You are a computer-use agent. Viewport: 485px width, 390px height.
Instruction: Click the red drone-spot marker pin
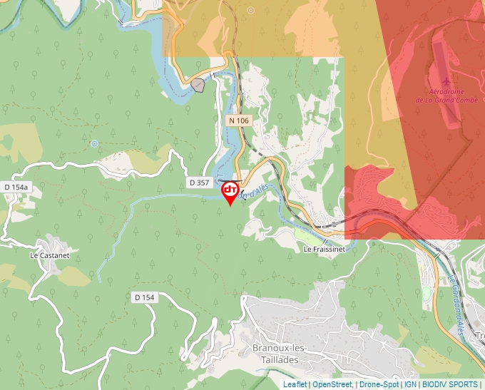tap(230, 192)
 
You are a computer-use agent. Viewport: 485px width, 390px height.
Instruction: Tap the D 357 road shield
tap(200, 183)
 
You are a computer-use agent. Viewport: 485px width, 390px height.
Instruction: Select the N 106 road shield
tap(239, 120)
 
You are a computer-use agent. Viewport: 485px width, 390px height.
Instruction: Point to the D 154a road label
tap(16, 187)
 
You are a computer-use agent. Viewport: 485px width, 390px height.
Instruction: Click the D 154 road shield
tap(144, 297)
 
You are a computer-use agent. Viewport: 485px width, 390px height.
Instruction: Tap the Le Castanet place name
tap(48, 254)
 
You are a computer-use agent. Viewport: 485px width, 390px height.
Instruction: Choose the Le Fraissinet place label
tap(324, 250)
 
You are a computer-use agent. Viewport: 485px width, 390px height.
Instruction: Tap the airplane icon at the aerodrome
tap(446, 81)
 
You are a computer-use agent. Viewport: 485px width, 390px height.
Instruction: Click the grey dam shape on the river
tap(198, 86)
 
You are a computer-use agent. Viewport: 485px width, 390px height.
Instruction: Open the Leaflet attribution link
tap(295, 384)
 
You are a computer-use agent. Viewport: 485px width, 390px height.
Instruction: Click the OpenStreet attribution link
tap(332, 384)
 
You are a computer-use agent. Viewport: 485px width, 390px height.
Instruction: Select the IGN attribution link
tap(410, 384)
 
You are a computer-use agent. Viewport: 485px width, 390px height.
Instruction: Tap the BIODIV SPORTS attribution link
tap(450, 384)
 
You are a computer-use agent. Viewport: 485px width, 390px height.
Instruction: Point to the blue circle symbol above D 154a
tap(93, 143)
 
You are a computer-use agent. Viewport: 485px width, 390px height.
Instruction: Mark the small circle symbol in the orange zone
tap(250, 11)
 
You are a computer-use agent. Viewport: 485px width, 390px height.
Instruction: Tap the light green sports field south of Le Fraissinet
tap(303, 235)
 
